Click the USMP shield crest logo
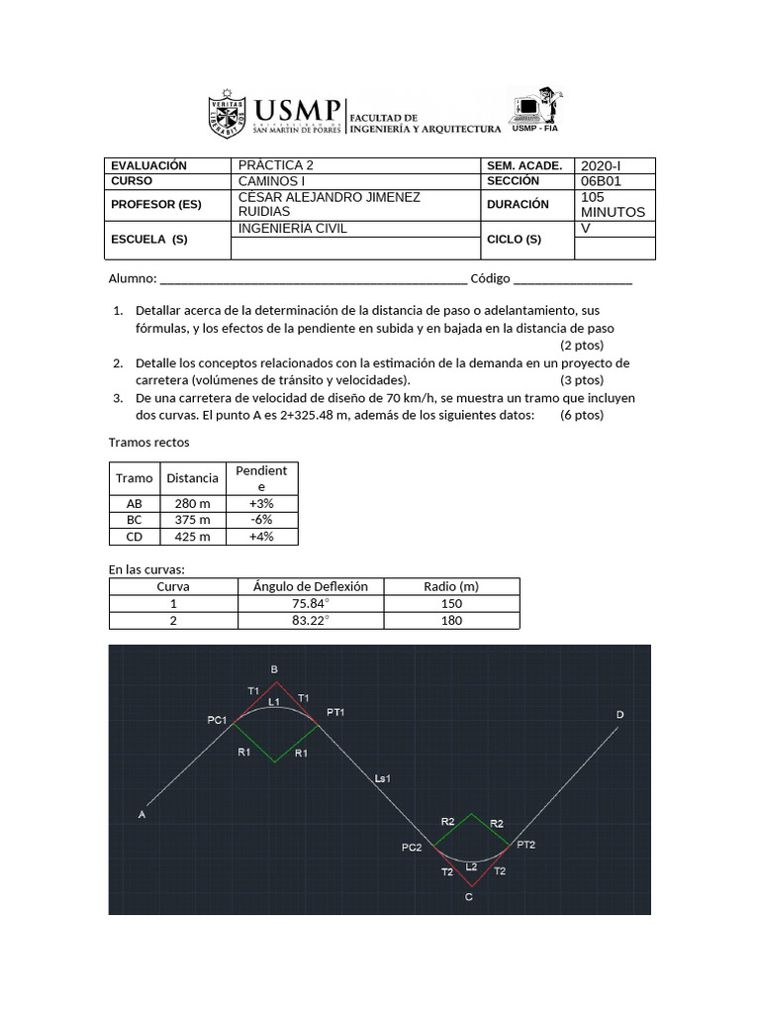[227, 116]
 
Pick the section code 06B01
[601, 181]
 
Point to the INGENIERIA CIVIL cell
[294, 229]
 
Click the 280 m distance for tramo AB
[192, 503]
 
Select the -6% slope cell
[261, 520]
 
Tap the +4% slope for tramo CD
[261, 537]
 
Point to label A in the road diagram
[142, 815]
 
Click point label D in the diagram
[620, 715]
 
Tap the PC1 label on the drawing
[217, 720]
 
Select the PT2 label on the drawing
[525, 845]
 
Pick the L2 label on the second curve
[471, 866]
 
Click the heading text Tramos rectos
[147, 442]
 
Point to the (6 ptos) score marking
[582, 415]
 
